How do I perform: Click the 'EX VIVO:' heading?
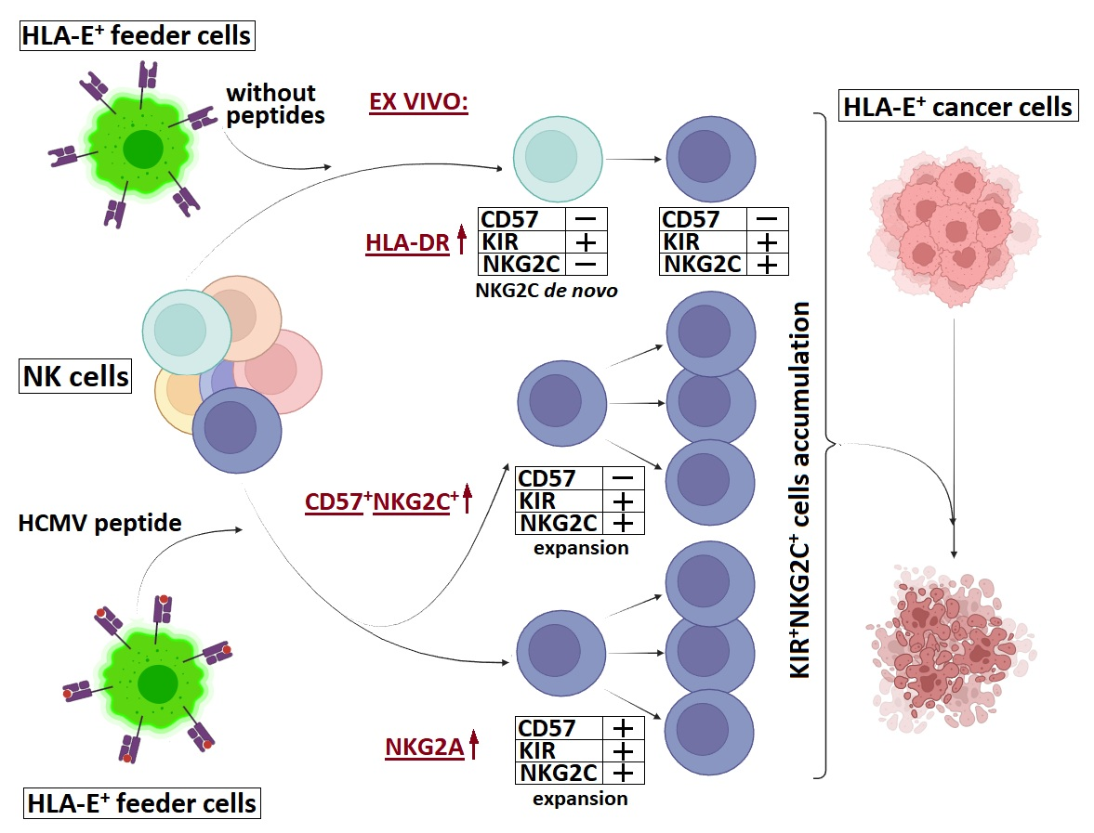pos(418,102)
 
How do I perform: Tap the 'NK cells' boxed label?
pos(75,376)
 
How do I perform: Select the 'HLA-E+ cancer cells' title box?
pos(958,107)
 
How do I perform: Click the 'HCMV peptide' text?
pos(99,523)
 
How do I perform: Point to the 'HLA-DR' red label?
pos(407,242)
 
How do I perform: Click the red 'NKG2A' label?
pos(424,748)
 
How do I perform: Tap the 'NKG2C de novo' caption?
pos(547,290)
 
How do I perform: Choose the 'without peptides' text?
pos(275,104)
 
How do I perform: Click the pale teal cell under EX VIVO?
pos(558,159)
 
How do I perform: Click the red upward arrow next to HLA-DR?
pos(461,239)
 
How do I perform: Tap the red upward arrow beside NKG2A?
pos(474,744)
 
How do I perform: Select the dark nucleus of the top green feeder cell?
pos(143,149)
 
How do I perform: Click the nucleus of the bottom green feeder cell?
pos(158,683)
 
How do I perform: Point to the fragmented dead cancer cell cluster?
pos(951,648)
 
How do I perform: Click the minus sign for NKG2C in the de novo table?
pos(587,264)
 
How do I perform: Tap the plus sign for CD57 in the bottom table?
pos(623,728)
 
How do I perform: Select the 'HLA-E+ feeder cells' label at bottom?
pos(141,803)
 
